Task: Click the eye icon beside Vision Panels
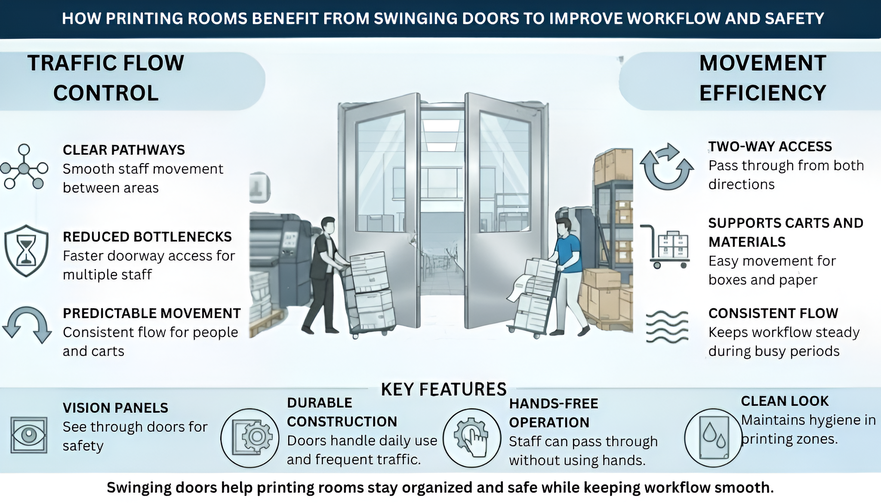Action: [28, 435]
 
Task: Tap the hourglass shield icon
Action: [26, 251]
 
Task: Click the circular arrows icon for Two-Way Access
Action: [666, 167]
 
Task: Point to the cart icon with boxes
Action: [666, 246]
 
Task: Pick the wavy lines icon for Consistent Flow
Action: [667, 327]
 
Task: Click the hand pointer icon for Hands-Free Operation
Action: [472, 438]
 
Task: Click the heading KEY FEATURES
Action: [444, 390]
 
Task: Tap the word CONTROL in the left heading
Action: [106, 93]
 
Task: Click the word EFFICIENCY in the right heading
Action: [762, 93]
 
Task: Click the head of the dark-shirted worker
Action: [328, 225]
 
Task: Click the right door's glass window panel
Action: [505, 172]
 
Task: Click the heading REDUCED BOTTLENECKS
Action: [147, 237]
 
